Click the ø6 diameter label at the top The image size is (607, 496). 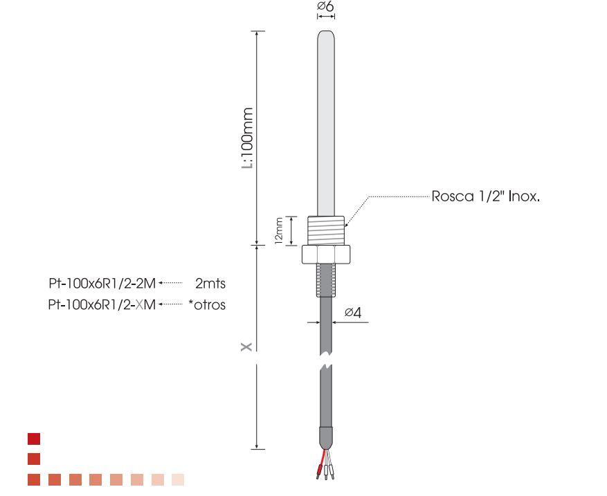[325, 6]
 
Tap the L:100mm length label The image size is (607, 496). [247, 138]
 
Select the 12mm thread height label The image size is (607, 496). [279, 230]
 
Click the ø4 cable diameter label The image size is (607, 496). [353, 312]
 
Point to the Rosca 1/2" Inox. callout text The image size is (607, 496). [485, 196]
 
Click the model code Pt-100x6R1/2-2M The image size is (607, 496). [102, 284]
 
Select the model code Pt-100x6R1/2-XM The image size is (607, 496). [102, 305]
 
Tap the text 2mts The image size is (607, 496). [210, 284]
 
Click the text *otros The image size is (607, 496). [207, 305]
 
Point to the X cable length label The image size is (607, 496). [246, 347]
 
